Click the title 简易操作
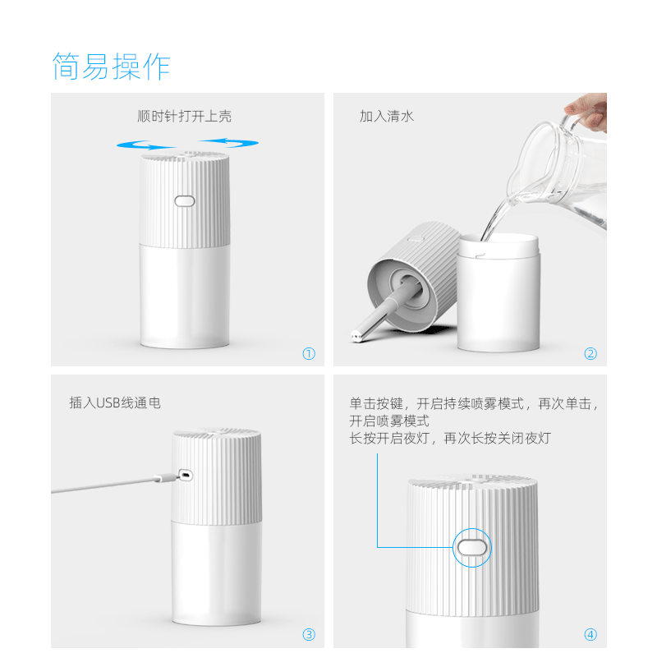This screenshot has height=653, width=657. pyautogui.click(x=111, y=67)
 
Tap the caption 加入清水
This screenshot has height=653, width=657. pyautogui.click(x=386, y=116)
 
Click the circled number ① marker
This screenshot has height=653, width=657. pyautogui.click(x=309, y=354)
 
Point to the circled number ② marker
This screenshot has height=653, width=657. pyautogui.click(x=590, y=354)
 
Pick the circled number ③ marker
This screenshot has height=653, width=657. pyautogui.click(x=309, y=634)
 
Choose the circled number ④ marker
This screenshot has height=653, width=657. pyautogui.click(x=590, y=634)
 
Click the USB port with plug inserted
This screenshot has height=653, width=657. pyautogui.click(x=185, y=475)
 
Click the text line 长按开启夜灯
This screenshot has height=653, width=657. pyautogui.click(x=394, y=439)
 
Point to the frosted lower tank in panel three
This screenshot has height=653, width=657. pyautogui.click(x=216, y=575)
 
